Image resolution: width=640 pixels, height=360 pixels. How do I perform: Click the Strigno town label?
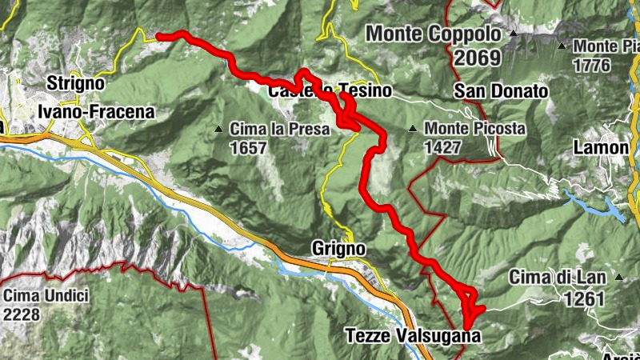[x=75, y=82]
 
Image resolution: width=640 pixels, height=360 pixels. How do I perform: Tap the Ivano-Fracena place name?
[x=95, y=112]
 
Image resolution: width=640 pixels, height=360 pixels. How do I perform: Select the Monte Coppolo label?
[x=434, y=34]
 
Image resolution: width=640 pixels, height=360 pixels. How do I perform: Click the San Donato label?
[x=501, y=91]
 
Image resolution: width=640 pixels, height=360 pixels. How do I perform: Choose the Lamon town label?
[x=601, y=148]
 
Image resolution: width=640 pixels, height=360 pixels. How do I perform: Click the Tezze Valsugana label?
[x=413, y=336]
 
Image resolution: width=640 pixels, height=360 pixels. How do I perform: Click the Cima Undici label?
[x=46, y=295]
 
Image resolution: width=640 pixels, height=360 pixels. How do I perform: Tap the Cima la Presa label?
[x=279, y=128]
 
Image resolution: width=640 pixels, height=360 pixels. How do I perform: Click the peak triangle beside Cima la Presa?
[x=218, y=129]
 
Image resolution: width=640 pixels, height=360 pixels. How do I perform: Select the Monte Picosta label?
[x=474, y=128]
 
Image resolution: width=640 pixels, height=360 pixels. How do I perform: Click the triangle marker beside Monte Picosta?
[x=413, y=129]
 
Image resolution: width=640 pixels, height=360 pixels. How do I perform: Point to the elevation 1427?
[x=443, y=147]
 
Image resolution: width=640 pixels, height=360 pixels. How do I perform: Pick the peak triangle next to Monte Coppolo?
[x=514, y=35]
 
